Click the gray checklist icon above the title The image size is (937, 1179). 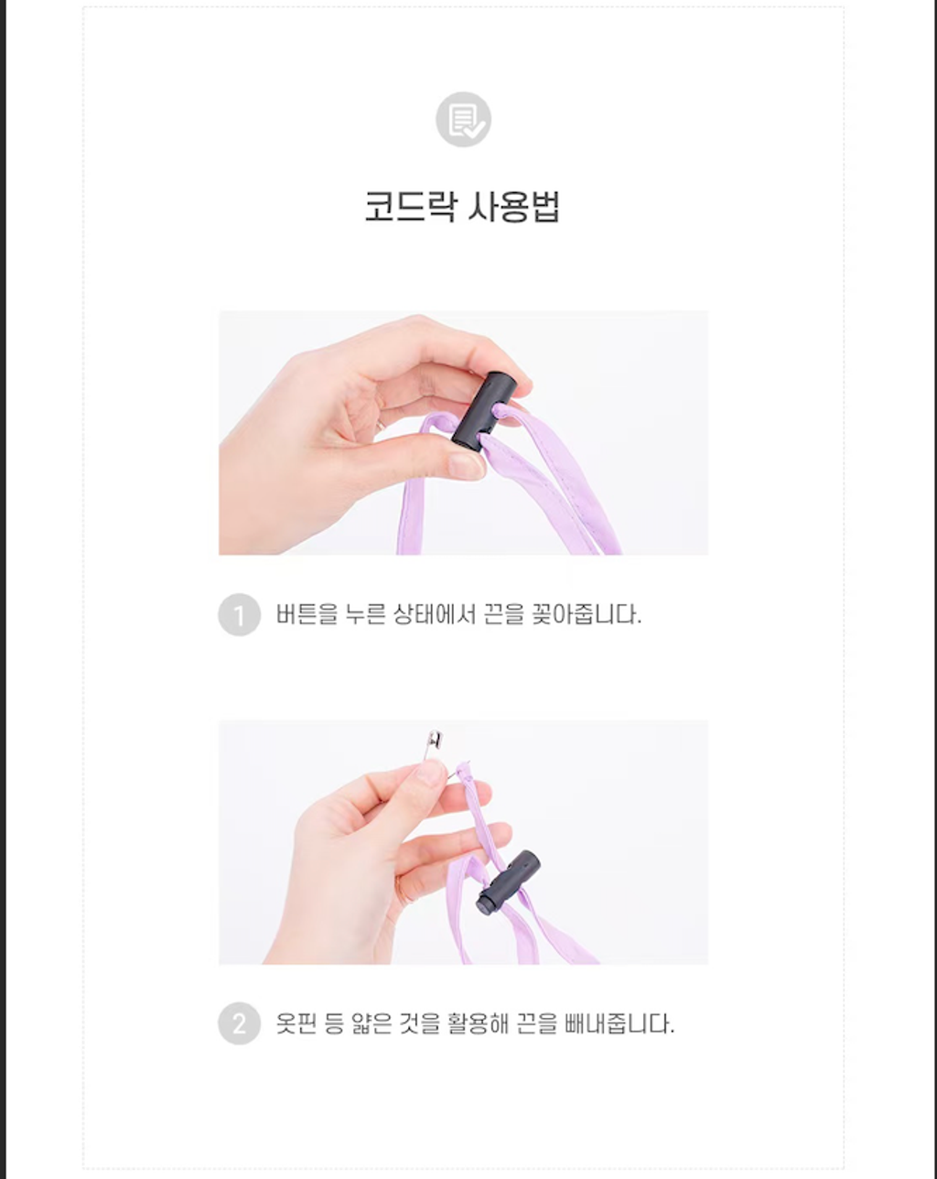pyautogui.click(x=463, y=119)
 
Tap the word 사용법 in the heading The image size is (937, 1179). pyautogui.click(x=513, y=206)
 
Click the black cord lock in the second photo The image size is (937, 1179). pyautogui.click(x=508, y=882)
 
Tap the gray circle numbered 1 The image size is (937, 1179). pyautogui.click(x=239, y=615)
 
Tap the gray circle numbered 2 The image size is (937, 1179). pyautogui.click(x=239, y=1023)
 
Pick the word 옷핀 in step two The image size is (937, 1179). pyautogui.click(x=296, y=1023)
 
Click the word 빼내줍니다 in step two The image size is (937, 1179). pyautogui.click(x=619, y=1023)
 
